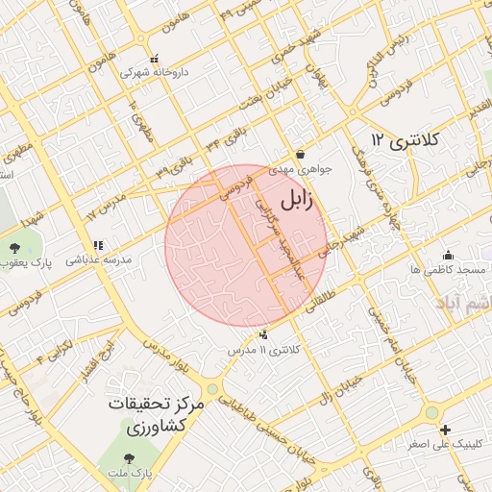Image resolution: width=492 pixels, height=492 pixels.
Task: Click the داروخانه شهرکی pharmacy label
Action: click(154, 71)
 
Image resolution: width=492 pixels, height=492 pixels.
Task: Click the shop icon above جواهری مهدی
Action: click(301, 154)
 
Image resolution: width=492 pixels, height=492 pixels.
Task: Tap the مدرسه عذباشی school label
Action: click(97, 260)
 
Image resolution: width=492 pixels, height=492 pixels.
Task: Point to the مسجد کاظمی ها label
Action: click(448, 270)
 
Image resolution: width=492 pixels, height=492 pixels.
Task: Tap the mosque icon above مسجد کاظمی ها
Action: click(448, 256)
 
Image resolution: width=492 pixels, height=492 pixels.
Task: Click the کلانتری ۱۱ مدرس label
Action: click(263, 350)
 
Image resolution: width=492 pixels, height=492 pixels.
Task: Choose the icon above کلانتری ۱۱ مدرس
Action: click(263, 335)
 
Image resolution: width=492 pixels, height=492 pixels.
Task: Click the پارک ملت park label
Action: click(131, 474)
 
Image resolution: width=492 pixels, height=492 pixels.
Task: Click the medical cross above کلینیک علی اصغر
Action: click(444, 430)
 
